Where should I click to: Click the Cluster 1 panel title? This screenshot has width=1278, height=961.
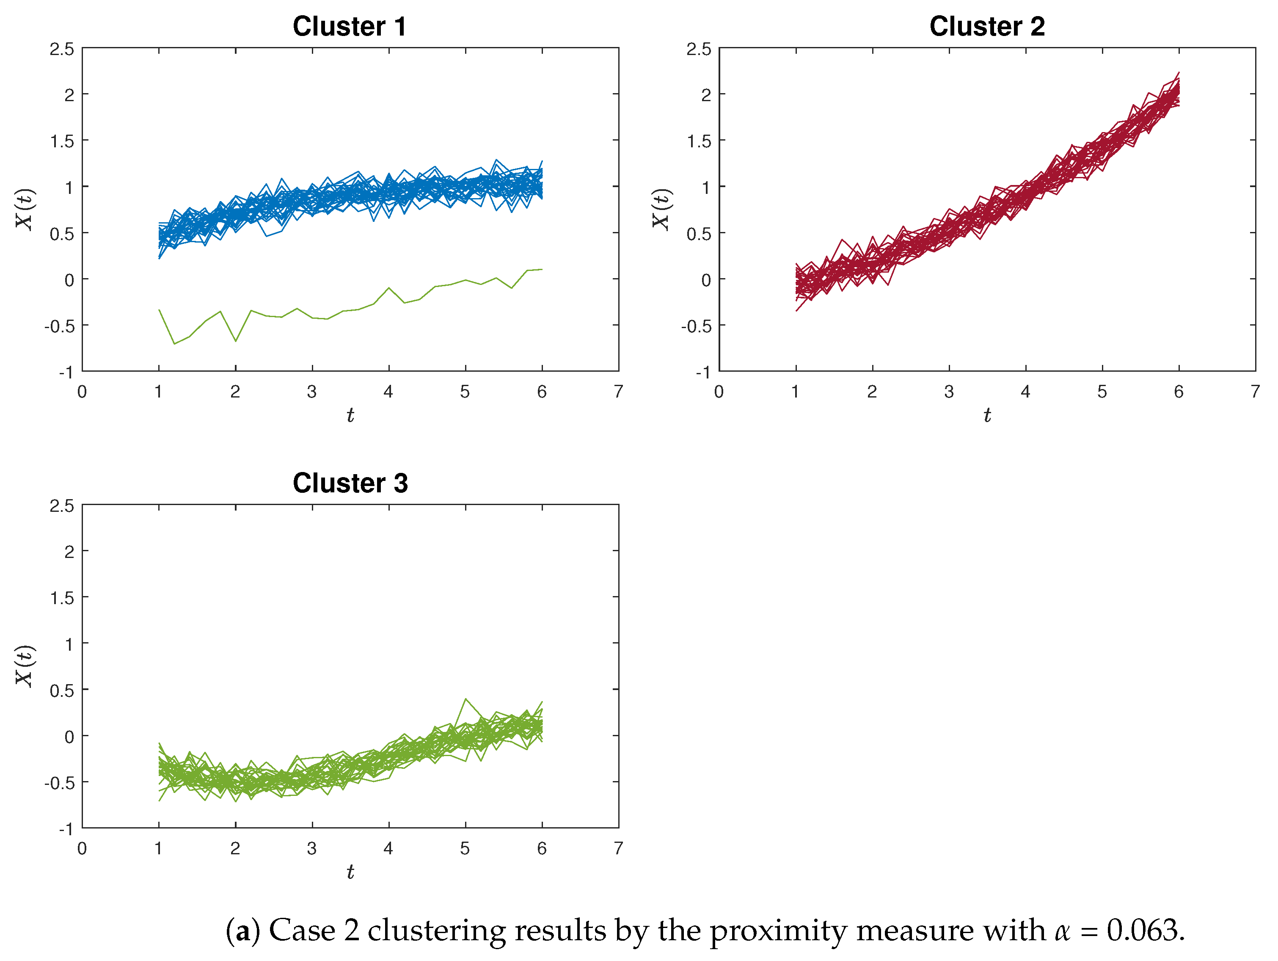click(x=350, y=27)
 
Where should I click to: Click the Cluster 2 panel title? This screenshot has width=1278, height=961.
click(x=987, y=27)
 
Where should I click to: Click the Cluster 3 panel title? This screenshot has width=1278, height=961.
click(x=350, y=483)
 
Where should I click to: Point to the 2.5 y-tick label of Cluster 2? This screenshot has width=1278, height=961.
click(x=699, y=50)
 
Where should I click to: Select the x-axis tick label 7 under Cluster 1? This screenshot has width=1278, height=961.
click(x=618, y=392)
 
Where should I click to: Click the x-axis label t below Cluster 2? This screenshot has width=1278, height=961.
click(x=987, y=415)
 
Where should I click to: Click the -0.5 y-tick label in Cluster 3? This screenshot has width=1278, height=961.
click(x=60, y=782)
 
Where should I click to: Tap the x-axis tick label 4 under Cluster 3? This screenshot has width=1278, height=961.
click(x=388, y=848)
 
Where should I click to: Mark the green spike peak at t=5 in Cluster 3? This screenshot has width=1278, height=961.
click(x=465, y=699)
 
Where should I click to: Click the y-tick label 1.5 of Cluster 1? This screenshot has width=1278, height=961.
click(x=62, y=141)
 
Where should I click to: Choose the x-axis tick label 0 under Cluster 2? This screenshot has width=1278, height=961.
click(x=719, y=392)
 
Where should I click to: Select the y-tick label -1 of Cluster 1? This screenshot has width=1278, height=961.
click(x=66, y=373)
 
